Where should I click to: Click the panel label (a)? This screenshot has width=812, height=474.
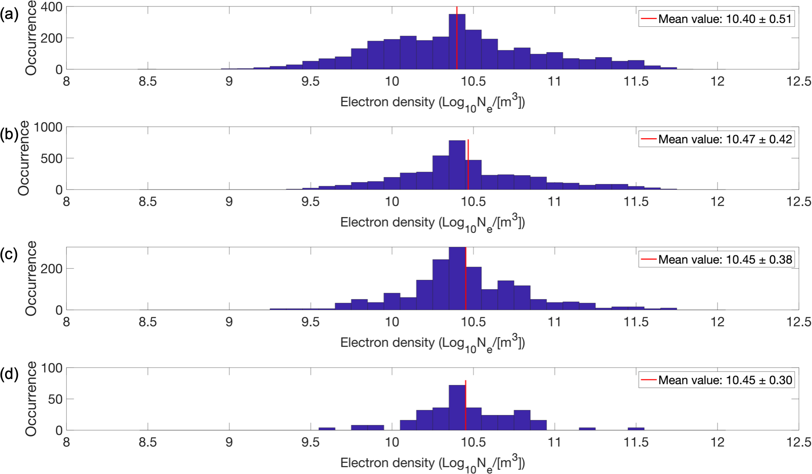[x=9, y=14]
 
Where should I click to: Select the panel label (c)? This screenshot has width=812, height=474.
[x=9, y=255]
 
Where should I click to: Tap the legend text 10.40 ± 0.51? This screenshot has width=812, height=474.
[x=724, y=19]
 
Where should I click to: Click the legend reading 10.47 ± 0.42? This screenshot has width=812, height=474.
[x=724, y=139]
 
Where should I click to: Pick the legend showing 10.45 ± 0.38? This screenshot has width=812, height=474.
[x=724, y=260]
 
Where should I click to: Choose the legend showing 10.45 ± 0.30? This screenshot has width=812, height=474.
[x=724, y=380]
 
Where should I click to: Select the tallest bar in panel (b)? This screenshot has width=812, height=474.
[x=457, y=165]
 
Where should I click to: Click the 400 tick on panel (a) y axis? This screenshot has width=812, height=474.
[x=52, y=7]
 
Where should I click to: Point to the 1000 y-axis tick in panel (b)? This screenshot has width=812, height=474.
[x=48, y=128]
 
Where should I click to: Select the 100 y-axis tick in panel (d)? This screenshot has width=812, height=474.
[x=52, y=368]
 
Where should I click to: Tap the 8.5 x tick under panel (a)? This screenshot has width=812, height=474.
[x=147, y=82]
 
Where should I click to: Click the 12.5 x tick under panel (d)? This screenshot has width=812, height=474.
[x=798, y=443]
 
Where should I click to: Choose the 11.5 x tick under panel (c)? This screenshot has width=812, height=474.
[x=636, y=322]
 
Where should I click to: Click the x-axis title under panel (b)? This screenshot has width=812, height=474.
[x=432, y=223]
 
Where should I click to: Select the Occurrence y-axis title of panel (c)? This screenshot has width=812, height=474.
[x=31, y=278]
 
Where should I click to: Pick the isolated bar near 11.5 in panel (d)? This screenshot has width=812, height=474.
[x=636, y=429]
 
